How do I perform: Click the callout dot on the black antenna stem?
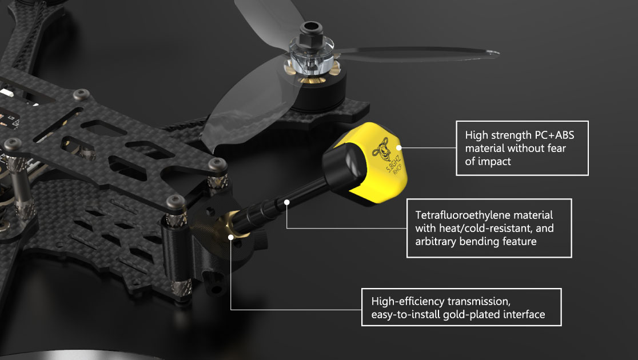[x=287, y=201]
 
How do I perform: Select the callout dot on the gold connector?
[x=231, y=236]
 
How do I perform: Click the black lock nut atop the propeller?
[x=312, y=29]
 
